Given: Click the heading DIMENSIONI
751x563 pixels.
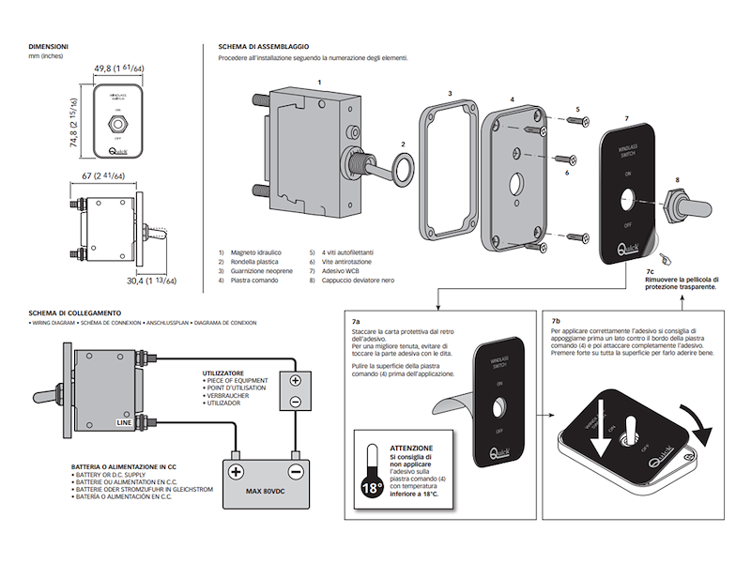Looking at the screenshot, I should [x=47, y=46].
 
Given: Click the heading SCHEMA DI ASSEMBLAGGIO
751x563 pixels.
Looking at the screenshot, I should [x=263, y=46].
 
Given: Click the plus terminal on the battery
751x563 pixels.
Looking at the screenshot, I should [x=236, y=471].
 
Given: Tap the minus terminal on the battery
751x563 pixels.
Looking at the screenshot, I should [x=296, y=471].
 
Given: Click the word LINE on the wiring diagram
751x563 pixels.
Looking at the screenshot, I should [x=123, y=423].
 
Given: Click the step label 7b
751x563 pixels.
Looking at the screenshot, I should [x=556, y=320].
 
